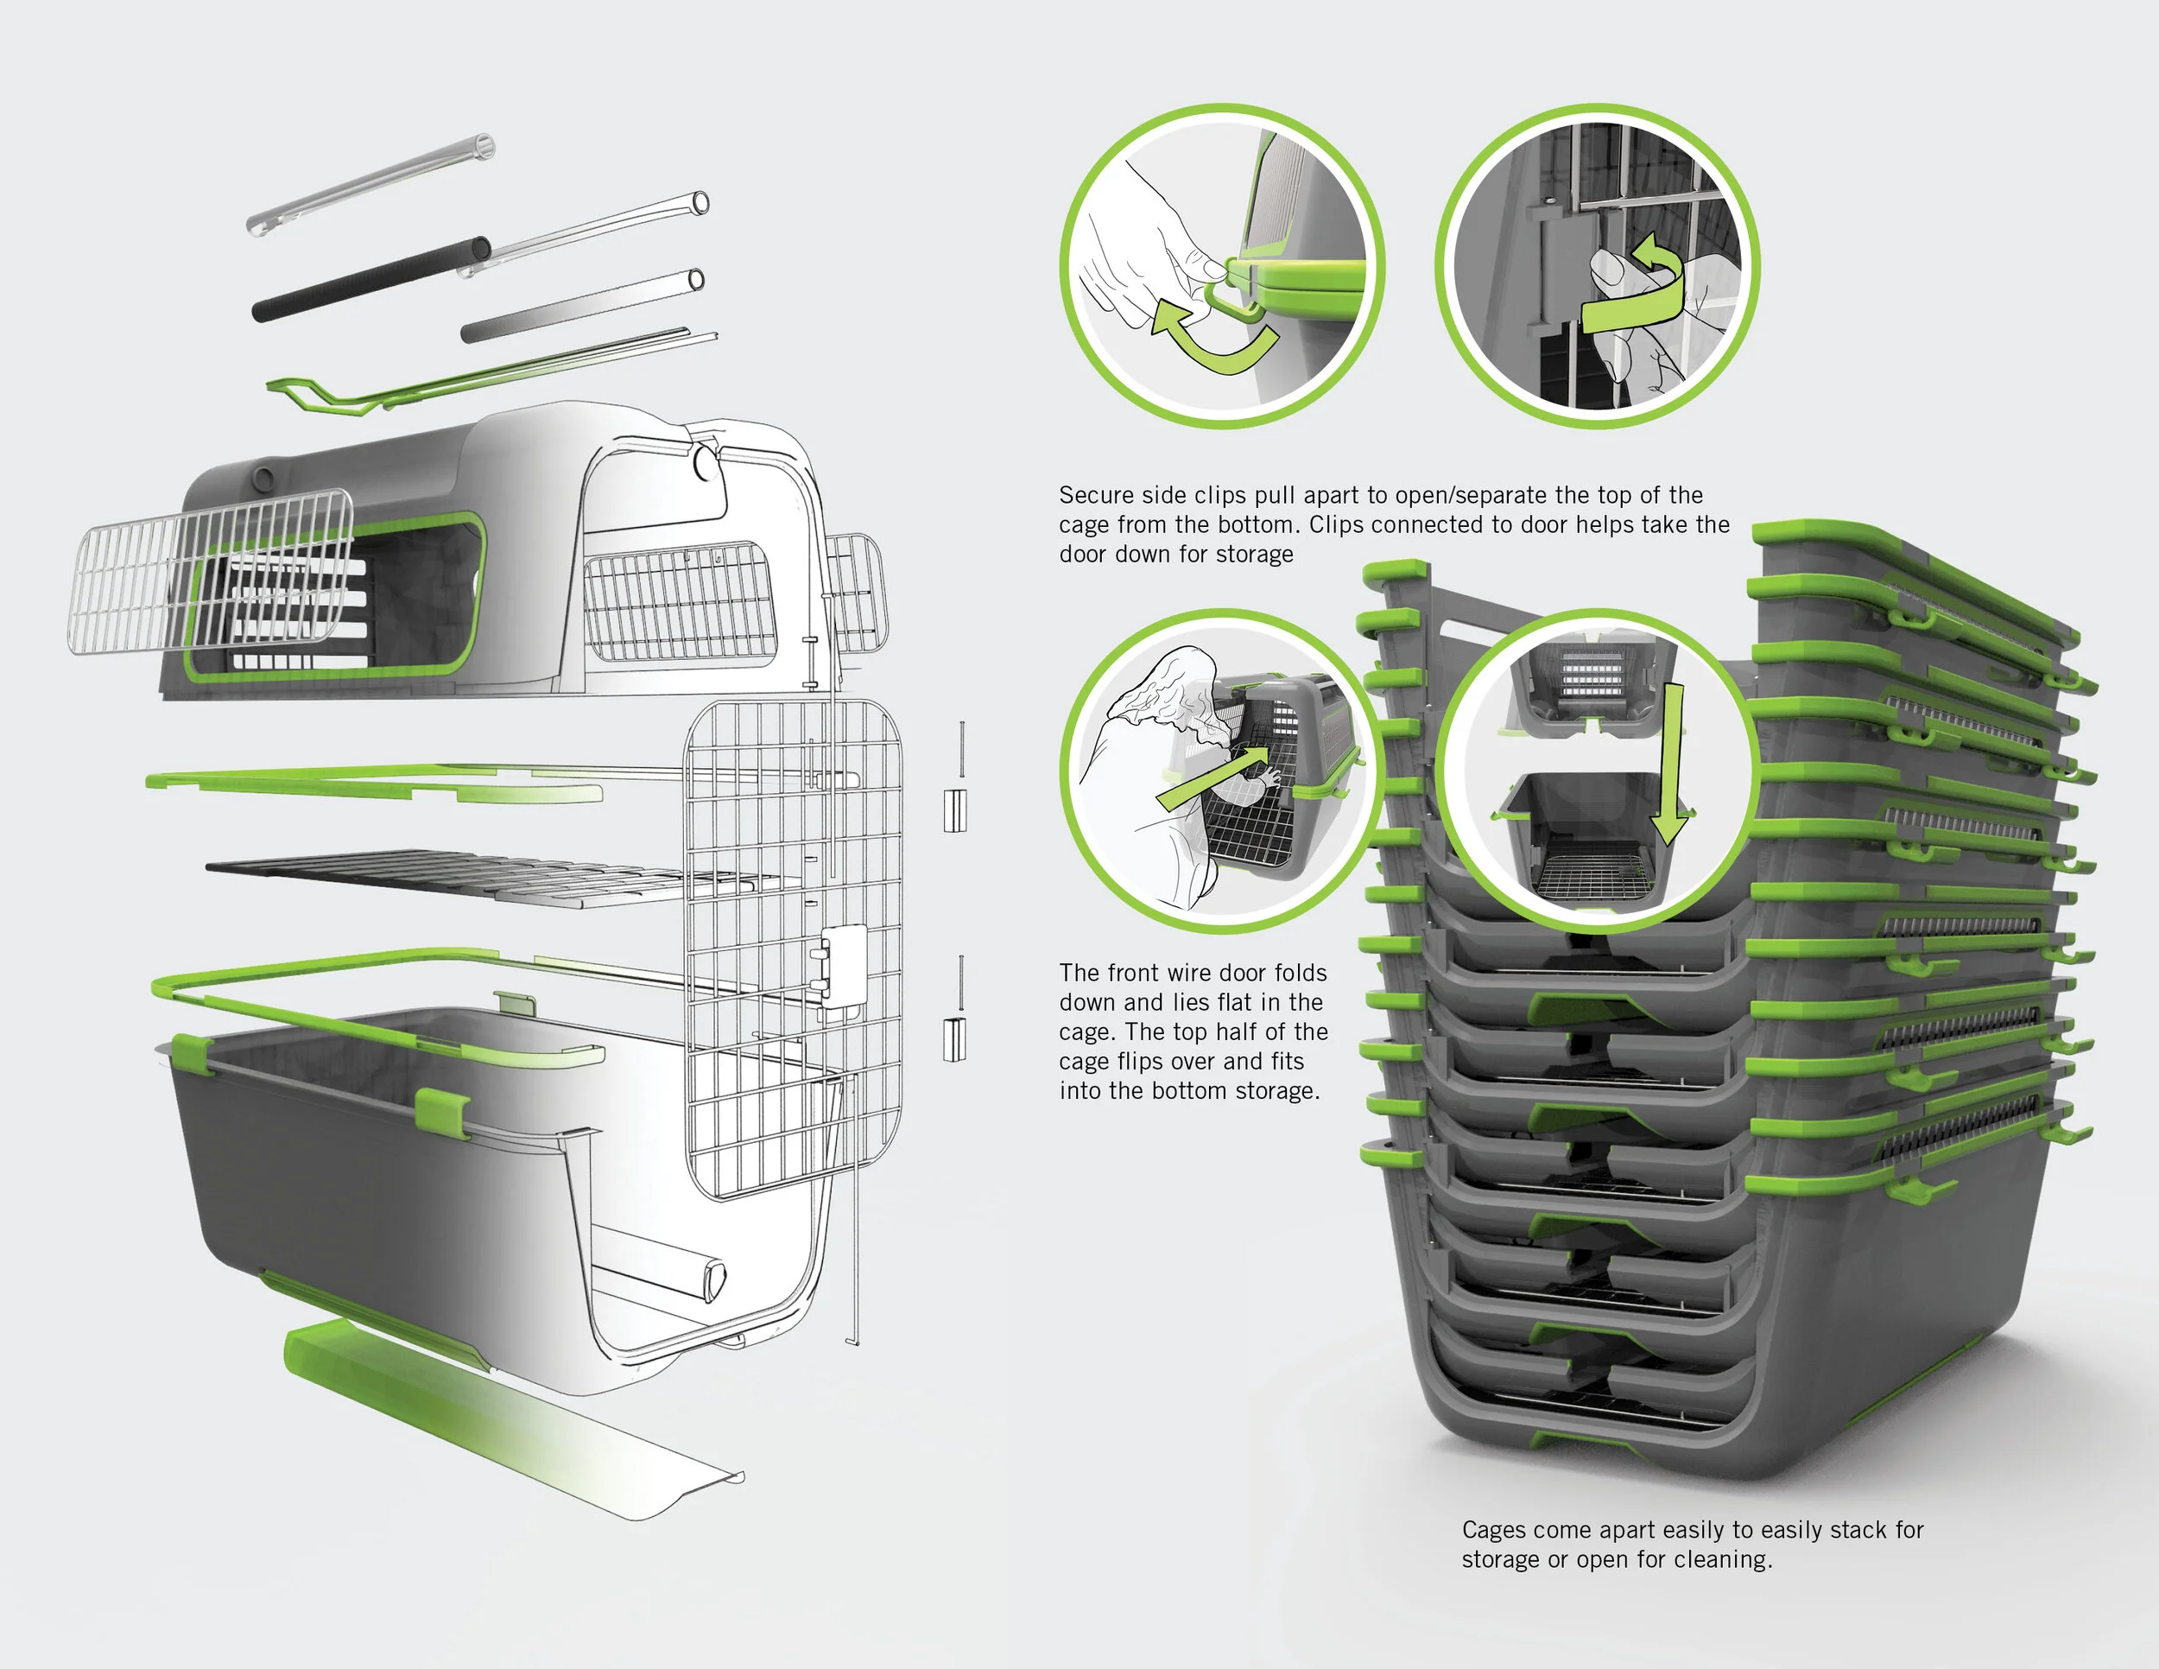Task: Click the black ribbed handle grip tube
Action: click(x=371, y=278)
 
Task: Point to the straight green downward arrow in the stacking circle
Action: click(x=1669, y=764)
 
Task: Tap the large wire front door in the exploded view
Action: click(x=794, y=949)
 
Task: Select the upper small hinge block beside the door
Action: click(x=955, y=811)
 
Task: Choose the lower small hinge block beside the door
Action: click(x=955, y=1039)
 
